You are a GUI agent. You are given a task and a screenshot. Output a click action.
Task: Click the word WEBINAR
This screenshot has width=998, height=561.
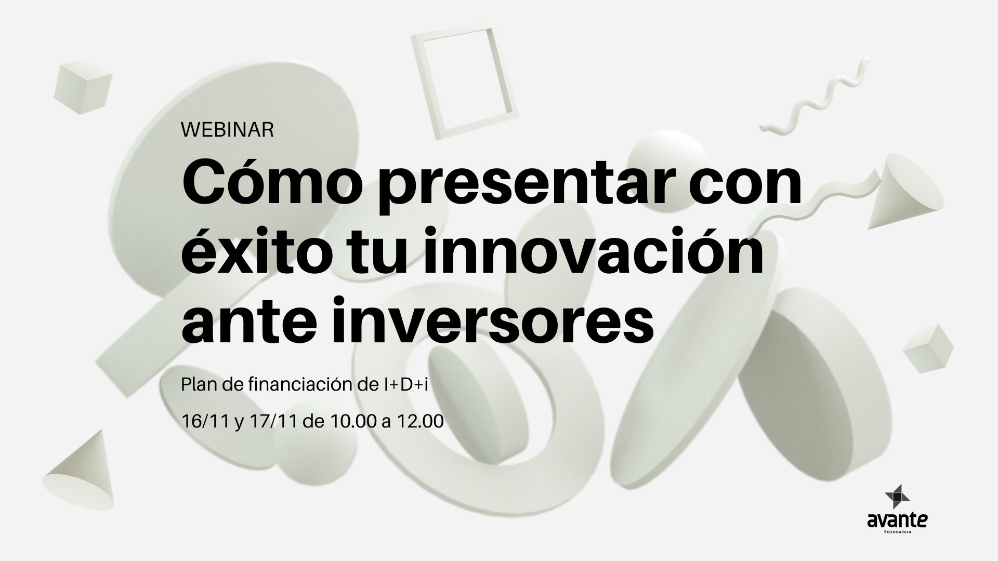pos(228,130)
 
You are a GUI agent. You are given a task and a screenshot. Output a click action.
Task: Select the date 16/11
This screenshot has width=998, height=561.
pos(205,421)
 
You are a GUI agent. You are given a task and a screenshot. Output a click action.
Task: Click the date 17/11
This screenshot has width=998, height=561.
pos(273,421)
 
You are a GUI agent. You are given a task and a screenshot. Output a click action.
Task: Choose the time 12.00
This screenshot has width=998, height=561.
pos(420,421)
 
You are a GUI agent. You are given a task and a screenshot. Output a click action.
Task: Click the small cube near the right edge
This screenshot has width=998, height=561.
pos(928,349)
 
